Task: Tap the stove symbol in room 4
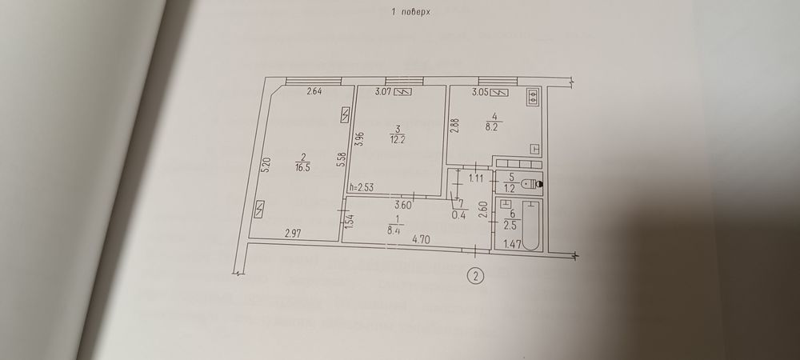533,97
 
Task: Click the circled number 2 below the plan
475,277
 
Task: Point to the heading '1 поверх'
409,12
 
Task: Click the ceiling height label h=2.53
361,188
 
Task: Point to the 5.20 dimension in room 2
266,166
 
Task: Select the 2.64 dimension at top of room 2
314,92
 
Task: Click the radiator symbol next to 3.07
406,92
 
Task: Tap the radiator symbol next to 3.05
501,93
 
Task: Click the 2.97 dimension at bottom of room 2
294,234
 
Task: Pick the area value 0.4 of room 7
460,214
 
